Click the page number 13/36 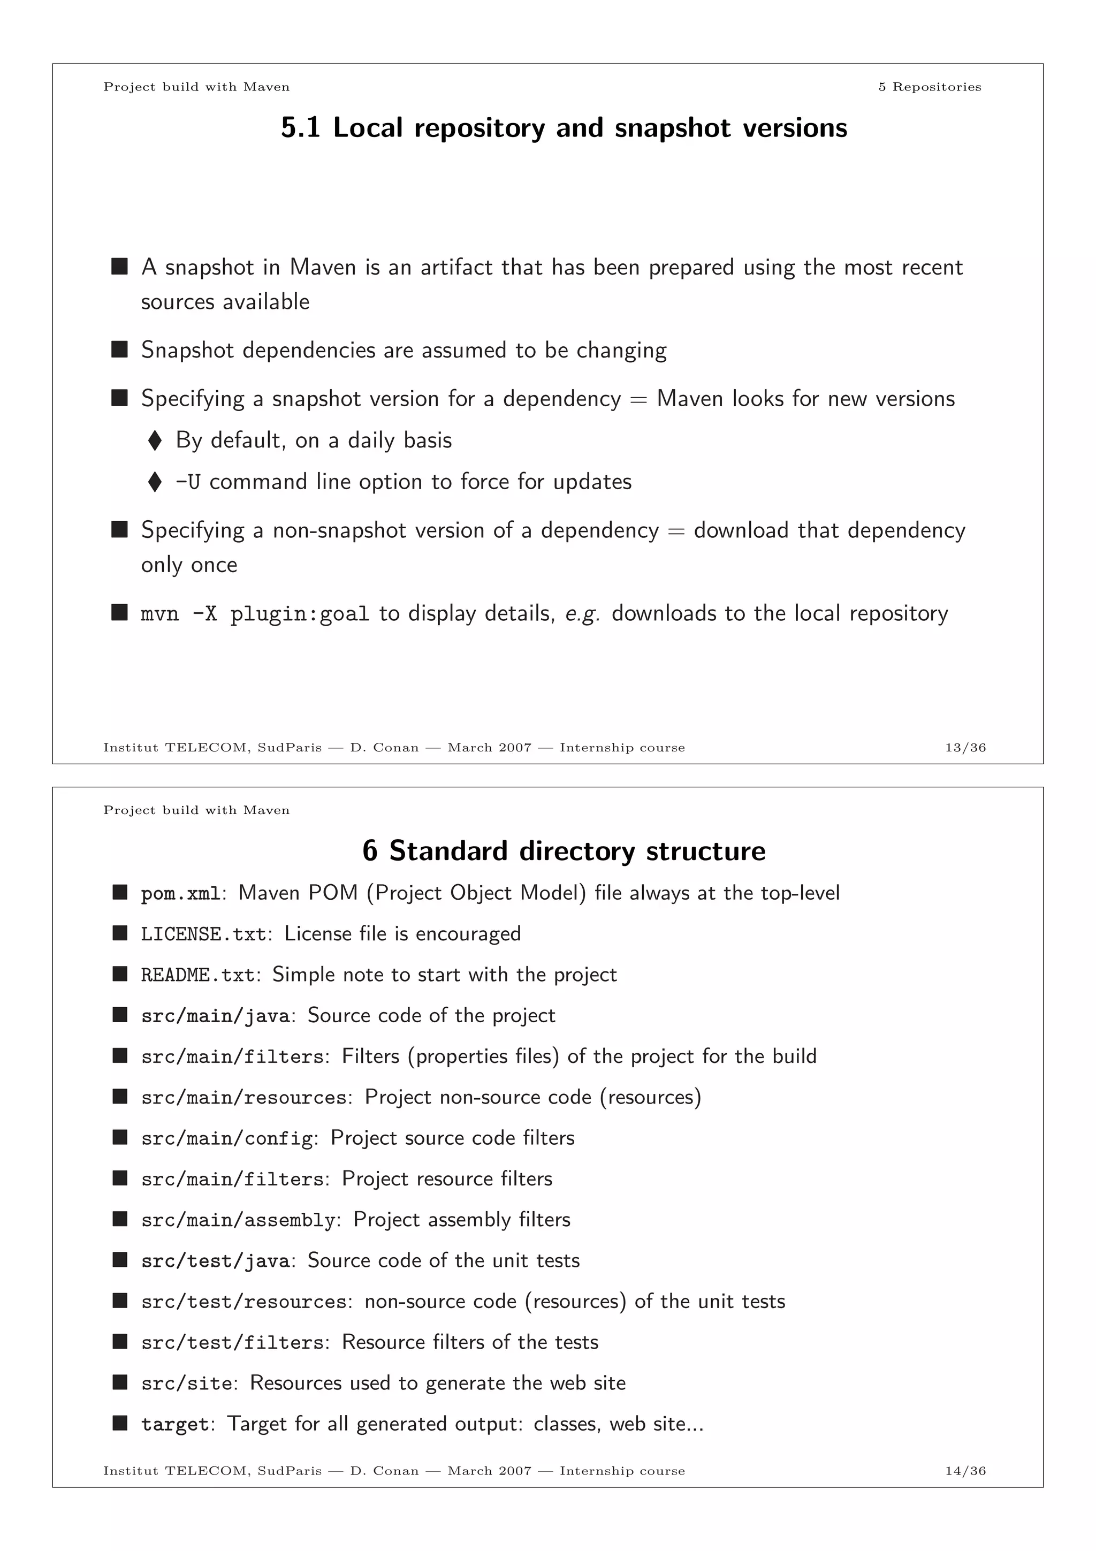[x=965, y=747]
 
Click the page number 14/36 [x=965, y=1471]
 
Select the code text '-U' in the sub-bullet [x=188, y=482]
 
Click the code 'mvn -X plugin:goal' [x=255, y=614]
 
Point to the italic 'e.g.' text [x=583, y=614]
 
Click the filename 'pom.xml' [x=180, y=894]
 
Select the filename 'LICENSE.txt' [x=203, y=934]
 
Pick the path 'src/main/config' [x=227, y=1139]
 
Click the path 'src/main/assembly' [x=238, y=1221]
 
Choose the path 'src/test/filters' [x=232, y=1343]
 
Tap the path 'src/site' [x=186, y=1383]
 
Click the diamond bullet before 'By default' [x=155, y=441]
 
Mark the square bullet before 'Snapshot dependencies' [x=119, y=350]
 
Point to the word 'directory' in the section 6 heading [x=577, y=851]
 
